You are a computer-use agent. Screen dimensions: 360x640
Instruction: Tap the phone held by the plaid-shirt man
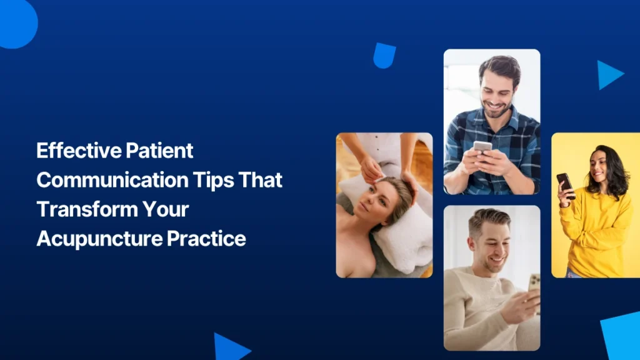point(482,147)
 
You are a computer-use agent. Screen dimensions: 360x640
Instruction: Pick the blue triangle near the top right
point(607,74)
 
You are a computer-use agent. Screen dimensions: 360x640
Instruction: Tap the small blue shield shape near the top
point(384,56)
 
